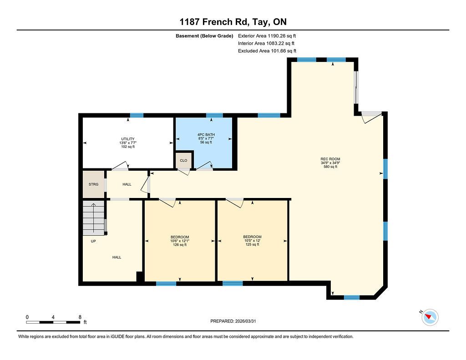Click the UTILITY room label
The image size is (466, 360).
click(128, 143)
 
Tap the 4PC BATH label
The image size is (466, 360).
click(206, 138)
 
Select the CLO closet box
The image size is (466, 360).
click(183, 161)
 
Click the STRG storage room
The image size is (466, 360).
click(93, 184)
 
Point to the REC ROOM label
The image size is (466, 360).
click(330, 163)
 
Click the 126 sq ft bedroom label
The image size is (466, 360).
click(179, 241)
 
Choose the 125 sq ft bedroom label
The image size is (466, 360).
click(252, 241)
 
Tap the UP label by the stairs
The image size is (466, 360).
click(93, 241)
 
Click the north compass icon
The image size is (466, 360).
click(430, 317)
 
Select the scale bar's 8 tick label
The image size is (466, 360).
click(80, 317)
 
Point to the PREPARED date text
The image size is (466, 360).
click(233, 321)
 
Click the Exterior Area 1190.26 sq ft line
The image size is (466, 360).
click(267, 36)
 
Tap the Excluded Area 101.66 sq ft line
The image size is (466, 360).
click(267, 51)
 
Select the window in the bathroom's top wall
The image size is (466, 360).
click(215, 115)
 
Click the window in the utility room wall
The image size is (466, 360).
click(137, 115)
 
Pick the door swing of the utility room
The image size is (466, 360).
click(120, 167)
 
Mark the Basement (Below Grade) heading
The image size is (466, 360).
click(204, 36)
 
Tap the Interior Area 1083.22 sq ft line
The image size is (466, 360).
click(266, 43)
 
